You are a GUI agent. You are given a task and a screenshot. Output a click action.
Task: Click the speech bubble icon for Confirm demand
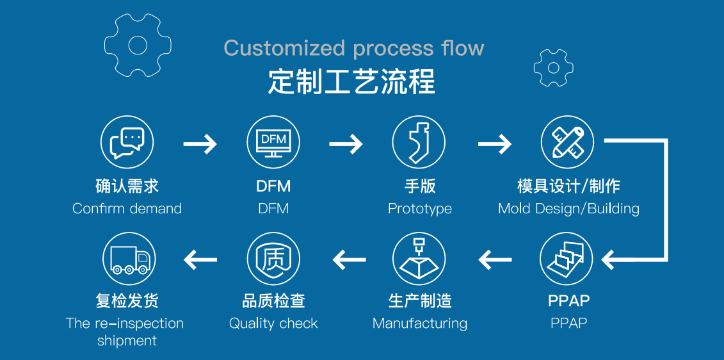click(x=127, y=142)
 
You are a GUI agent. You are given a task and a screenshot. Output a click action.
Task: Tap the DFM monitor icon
click(x=273, y=142)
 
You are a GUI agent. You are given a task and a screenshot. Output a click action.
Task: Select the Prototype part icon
click(x=419, y=142)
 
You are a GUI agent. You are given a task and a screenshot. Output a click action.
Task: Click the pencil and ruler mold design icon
click(x=567, y=142)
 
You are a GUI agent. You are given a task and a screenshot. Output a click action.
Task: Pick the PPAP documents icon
click(x=567, y=259)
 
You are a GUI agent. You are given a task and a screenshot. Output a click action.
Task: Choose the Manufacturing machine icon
click(x=419, y=259)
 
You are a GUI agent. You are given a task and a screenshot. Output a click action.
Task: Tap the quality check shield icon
click(x=273, y=259)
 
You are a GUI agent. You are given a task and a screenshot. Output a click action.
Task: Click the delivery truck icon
click(x=129, y=259)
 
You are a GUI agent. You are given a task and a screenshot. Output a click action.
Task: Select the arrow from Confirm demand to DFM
click(x=200, y=144)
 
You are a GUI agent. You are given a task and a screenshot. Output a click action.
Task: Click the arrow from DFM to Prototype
click(x=346, y=144)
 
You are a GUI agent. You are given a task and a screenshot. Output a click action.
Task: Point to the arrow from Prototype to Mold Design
click(x=494, y=144)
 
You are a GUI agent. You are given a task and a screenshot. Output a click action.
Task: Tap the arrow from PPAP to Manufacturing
click(x=495, y=259)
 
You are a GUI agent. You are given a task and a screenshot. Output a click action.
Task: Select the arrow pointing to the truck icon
click(x=200, y=259)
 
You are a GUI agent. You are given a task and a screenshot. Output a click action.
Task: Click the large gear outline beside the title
click(x=138, y=45)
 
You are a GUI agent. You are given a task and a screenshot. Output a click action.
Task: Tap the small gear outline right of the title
click(x=553, y=67)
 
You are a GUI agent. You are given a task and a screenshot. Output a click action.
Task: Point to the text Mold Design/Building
click(x=568, y=208)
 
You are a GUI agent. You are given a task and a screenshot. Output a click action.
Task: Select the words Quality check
click(x=273, y=323)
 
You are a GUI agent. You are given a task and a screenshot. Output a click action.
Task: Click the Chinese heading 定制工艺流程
click(x=351, y=83)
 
